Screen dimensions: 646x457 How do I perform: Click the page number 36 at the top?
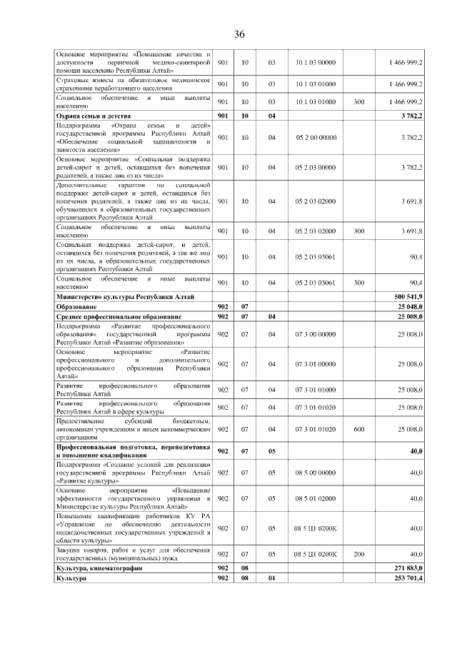tap(239, 34)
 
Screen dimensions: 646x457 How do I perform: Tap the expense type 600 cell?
tap(358, 429)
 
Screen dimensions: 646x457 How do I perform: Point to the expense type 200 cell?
tap(358, 554)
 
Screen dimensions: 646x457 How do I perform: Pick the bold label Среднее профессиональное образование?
tap(119, 316)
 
